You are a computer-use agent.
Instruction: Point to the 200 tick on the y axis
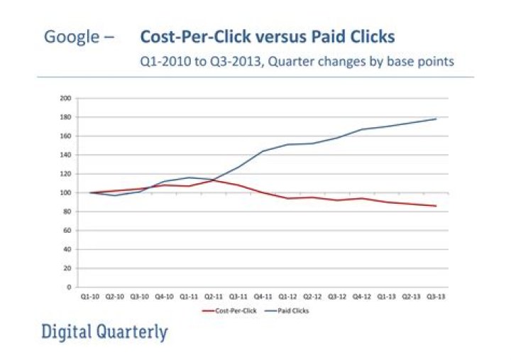(x=65, y=98)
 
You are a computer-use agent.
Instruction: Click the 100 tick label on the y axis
(x=65, y=192)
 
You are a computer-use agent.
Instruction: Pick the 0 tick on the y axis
(x=67, y=288)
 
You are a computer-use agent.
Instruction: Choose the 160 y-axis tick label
(x=65, y=136)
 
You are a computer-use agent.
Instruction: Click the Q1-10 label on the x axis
(x=91, y=297)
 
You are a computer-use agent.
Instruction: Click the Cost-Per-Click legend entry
(x=231, y=310)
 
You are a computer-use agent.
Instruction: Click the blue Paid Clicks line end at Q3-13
(x=435, y=119)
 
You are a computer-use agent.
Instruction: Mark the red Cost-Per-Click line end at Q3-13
(x=435, y=206)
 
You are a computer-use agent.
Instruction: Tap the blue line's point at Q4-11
(x=263, y=151)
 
